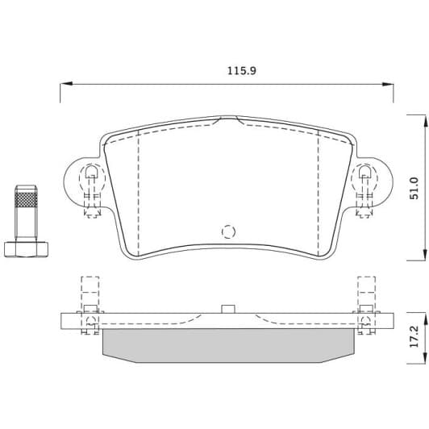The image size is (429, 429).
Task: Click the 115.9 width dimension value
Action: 242,71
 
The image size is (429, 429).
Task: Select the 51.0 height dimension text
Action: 414,188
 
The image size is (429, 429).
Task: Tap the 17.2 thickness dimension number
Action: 414,336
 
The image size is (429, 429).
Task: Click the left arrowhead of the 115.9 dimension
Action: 66,84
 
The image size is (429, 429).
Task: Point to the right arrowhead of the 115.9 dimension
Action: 388,85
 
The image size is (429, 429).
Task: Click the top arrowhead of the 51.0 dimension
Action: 425,121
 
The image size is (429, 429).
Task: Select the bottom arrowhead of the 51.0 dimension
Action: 425,254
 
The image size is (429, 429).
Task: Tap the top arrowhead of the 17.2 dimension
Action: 425,319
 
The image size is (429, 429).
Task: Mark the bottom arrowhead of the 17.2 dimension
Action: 425,357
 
